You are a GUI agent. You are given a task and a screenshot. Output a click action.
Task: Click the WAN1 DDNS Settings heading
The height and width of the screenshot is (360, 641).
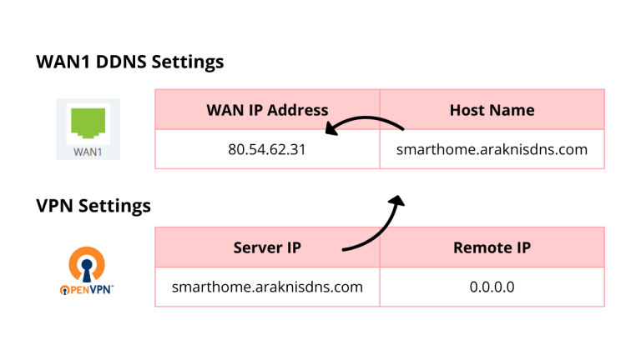coord(130,62)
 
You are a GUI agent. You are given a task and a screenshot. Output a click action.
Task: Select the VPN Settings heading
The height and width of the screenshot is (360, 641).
coord(93,206)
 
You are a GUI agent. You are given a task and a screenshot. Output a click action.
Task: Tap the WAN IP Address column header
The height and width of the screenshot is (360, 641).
coord(267,110)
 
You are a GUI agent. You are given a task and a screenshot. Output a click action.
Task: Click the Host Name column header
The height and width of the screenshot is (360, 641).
coord(492,110)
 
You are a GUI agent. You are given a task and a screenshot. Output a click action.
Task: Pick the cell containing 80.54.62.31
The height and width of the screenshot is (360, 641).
coord(267,149)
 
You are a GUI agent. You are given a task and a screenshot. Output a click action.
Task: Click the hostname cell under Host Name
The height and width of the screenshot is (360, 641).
coord(492,149)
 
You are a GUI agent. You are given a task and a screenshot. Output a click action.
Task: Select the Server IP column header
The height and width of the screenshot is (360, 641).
coord(267,247)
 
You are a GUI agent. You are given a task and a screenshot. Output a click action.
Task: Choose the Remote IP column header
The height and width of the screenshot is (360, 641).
coord(492,247)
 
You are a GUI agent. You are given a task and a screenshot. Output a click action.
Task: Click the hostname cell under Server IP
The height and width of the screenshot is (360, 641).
coord(267,287)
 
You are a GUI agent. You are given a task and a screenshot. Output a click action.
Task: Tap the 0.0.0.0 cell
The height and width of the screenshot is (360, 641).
coord(492,287)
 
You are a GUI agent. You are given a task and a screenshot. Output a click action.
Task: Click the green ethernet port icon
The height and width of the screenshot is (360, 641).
coord(88,122)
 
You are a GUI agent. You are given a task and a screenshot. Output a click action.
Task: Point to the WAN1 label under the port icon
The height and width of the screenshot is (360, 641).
coord(88,152)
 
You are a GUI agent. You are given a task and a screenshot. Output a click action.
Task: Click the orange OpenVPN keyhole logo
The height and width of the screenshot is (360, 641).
coord(87,264)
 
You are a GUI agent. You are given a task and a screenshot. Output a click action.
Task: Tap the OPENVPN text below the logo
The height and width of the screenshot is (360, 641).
coord(87,290)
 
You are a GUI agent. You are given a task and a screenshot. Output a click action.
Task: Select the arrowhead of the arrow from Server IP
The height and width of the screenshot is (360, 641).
coord(396,201)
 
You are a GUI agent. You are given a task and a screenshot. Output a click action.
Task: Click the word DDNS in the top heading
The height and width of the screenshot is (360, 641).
coord(121,62)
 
